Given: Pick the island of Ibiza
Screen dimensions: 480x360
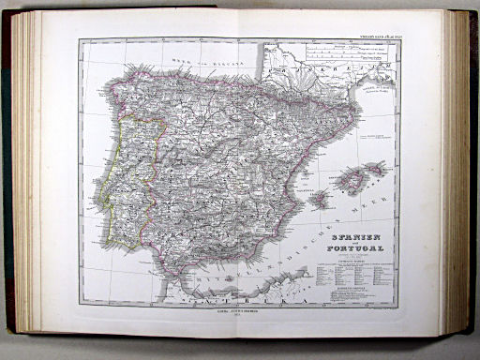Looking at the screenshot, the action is tap(320, 199).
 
